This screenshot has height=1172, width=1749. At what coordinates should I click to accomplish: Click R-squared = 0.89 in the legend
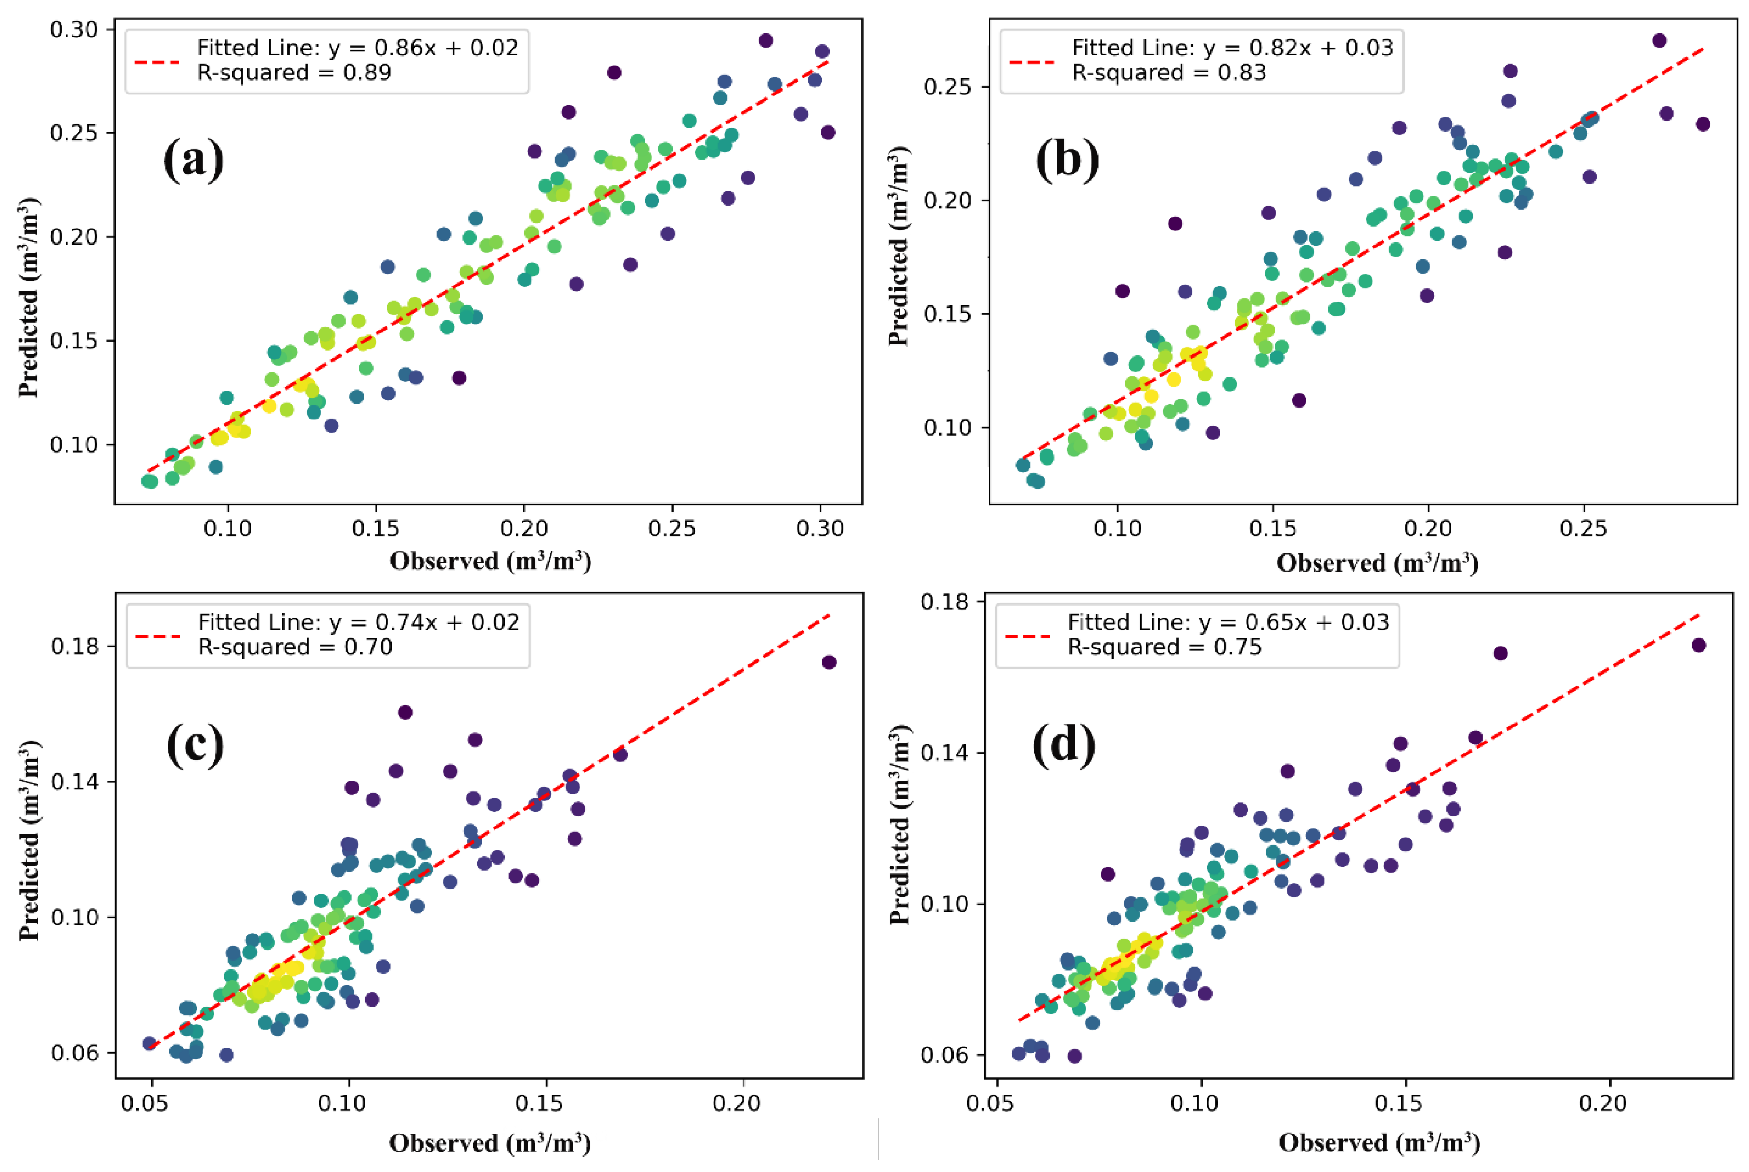click(294, 73)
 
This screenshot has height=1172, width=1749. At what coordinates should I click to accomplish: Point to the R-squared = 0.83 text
click(1169, 73)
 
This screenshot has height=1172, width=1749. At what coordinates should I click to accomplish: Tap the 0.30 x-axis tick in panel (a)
click(820, 528)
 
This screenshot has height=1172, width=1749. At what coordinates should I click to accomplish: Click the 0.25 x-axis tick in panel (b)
click(1583, 528)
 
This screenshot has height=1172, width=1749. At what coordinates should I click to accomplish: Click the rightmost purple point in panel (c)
click(829, 662)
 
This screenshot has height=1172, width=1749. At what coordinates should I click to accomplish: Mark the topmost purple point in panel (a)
click(765, 40)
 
